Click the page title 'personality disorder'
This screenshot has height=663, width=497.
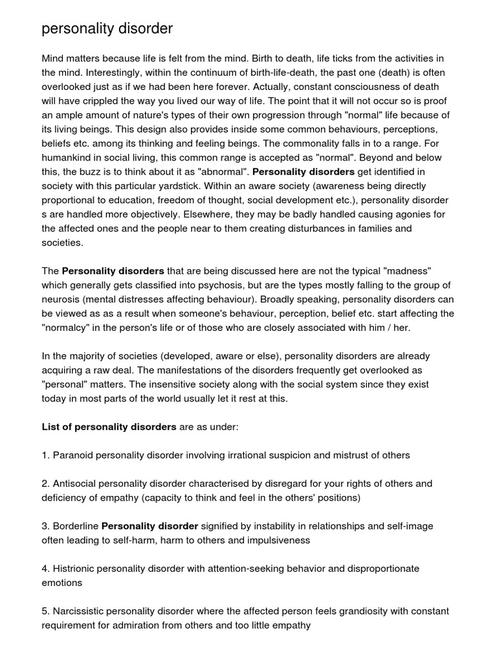(107, 29)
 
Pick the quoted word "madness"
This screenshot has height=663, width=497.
(404, 271)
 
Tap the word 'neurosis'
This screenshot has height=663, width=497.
(62, 299)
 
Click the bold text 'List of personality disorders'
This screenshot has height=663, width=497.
(109, 427)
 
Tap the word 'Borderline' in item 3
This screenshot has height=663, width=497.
(76, 526)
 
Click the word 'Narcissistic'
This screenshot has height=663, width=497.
(80, 611)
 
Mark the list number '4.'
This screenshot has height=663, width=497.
(46, 568)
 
